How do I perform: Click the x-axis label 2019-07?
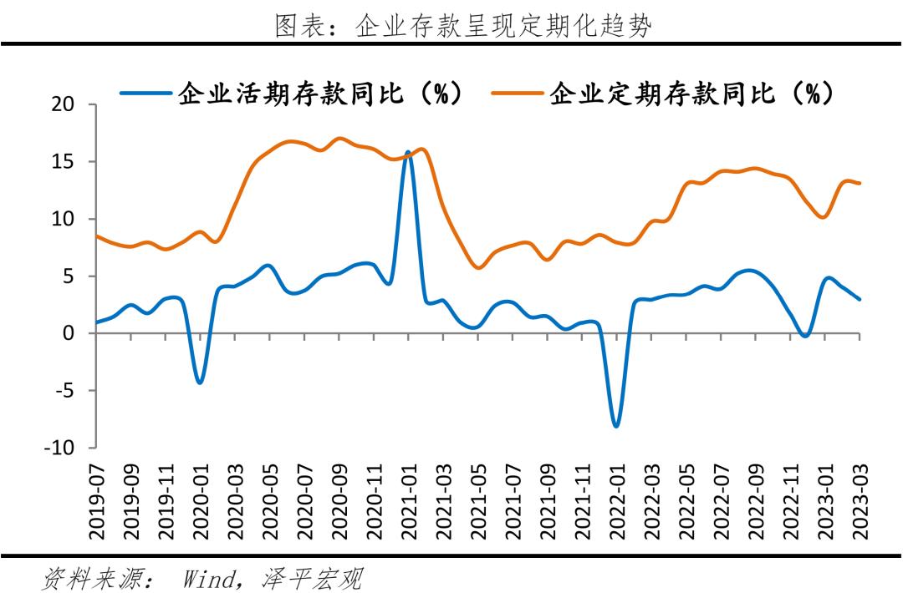coord(96,500)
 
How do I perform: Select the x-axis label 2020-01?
coord(201,500)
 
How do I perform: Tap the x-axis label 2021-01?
coord(409,500)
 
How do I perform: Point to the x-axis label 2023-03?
coord(860,500)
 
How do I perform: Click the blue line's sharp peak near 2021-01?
coord(408,153)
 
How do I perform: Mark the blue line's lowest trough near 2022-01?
coord(617,426)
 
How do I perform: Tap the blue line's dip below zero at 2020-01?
coord(200,383)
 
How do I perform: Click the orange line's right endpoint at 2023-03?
coord(860,183)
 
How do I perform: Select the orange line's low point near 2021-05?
coord(477,268)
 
